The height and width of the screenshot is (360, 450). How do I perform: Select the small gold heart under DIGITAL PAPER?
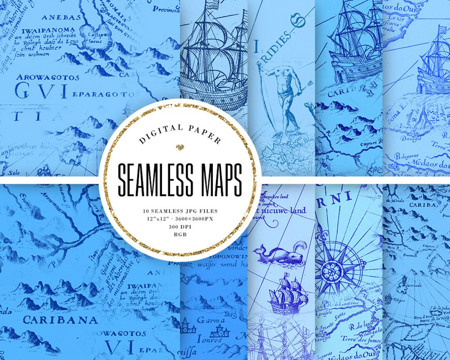[x=180, y=147]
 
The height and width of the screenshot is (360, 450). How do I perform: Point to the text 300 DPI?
[x=180, y=227]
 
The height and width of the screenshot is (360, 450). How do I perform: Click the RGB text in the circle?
[x=180, y=235]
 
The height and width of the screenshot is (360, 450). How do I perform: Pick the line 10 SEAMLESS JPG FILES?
[x=180, y=211]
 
